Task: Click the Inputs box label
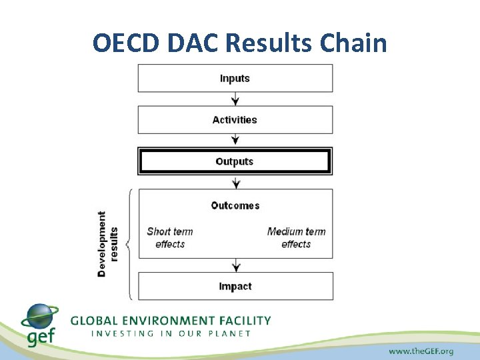pyautogui.click(x=235, y=78)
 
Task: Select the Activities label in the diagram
pyautogui.click(x=235, y=120)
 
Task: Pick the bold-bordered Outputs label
pyautogui.click(x=235, y=161)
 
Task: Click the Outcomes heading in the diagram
pyautogui.click(x=235, y=205)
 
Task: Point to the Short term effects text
pyautogui.click(x=170, y=238)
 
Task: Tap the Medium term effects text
pyautogui.click(x=296, y=238)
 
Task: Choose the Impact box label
pyautogui.click(x=235, y=287)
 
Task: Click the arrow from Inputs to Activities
pyautogui.click(x=235, y=99)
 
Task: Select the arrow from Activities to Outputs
pyautogui.click(x=235, y=141)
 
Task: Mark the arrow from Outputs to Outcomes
pyautogui.click(x=235, y=182)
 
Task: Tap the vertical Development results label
pyautogui.click(x=107, y=244)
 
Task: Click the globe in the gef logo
pyautogui.click(x=40, y=317)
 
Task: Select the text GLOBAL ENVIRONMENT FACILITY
pyautogui.click(x=171, y=321)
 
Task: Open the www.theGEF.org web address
pyautogui.click(x=421, y=351)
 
